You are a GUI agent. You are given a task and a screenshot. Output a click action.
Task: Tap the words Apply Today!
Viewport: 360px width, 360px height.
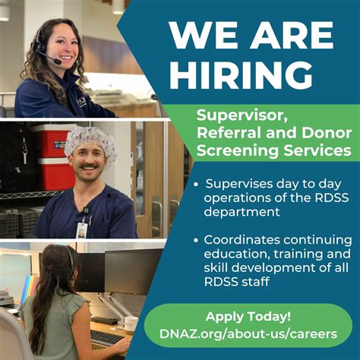[248, 316]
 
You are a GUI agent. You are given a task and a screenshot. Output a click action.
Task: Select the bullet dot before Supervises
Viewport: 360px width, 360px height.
[197, 185]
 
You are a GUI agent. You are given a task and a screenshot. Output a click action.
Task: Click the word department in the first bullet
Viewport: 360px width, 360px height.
[239, 213]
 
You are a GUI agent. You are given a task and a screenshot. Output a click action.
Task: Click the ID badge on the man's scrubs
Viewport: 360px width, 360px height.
[81, 229]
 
